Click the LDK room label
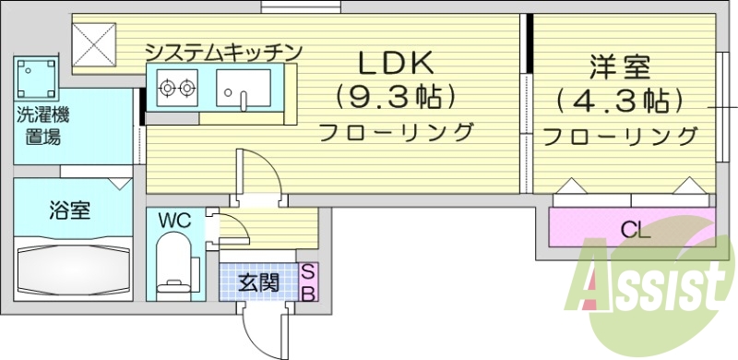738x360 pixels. coord(395,64)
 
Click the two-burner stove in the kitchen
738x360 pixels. coord(176,90)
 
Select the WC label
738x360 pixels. coord(173,221)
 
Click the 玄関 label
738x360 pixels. coord(258,282)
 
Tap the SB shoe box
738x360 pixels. coord(310,282)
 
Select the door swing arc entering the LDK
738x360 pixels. coord(253,174)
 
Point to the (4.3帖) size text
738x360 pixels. coord(620,99)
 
